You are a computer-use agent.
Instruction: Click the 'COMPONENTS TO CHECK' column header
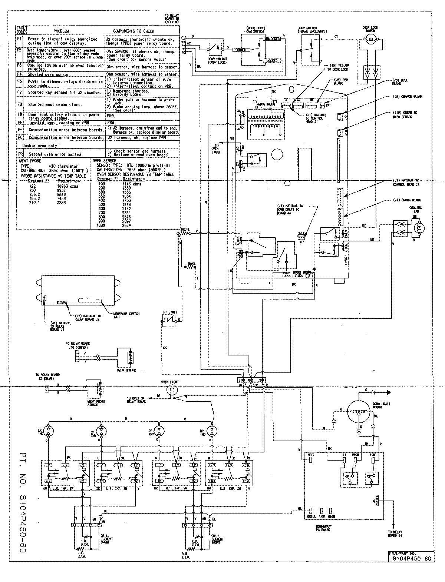tap(133, 31)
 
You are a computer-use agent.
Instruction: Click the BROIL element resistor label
tap(185, 229)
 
